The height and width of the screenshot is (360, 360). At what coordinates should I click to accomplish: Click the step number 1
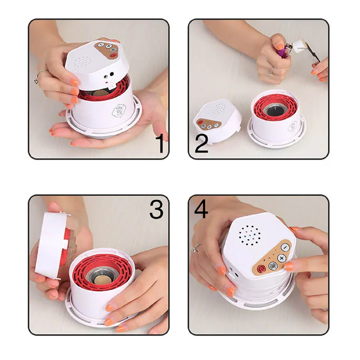coord(159,143)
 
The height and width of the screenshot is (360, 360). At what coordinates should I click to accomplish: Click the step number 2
coord(201,143)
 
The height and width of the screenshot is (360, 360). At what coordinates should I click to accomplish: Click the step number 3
coord(156,208)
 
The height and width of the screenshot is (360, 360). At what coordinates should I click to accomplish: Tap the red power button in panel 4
coord(262,269)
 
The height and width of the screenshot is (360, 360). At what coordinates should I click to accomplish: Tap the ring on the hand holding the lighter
coord(272,70)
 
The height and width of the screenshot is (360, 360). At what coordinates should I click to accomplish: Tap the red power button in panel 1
coord(112,56)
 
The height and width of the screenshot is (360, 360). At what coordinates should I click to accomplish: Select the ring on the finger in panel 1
coord(38,76)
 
